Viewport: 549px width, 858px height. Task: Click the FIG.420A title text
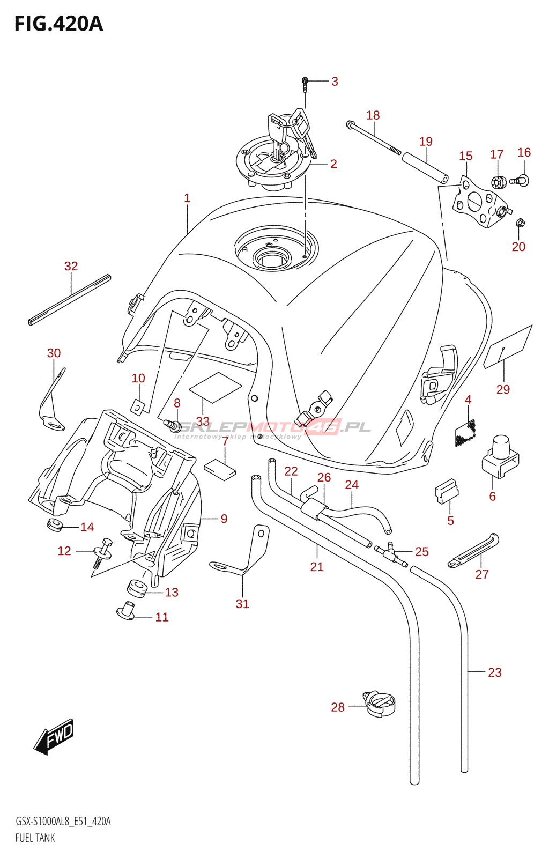click(58, 24)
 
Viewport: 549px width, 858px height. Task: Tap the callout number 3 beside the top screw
click(335, 82)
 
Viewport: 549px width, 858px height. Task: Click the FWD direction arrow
click(54, 736)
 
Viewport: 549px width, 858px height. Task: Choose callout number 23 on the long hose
click(494, 672)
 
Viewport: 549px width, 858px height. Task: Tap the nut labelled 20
click(520, 223)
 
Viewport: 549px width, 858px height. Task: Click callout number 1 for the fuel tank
click(187, 198)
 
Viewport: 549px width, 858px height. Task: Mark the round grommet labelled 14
click(55, 524)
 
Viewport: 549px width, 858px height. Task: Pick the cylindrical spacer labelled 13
click(137, 587)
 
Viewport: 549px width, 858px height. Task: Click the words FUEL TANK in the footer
click(35, 838)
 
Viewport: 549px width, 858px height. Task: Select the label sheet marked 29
click(508, 347)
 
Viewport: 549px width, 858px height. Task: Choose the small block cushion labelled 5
click(446, 491)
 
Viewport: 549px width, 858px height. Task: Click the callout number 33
click(203, 421)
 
